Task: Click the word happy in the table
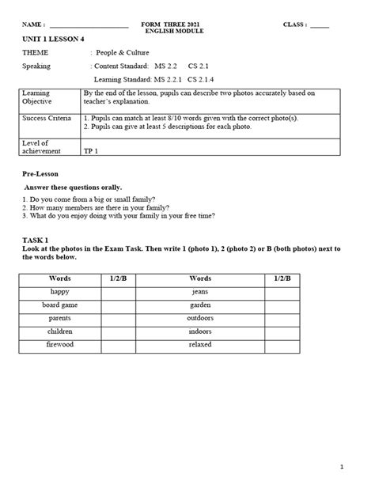click(60, 292)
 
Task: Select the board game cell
click(60, 305)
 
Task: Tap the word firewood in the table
click(60, 346)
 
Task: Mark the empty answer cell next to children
click(119, 332)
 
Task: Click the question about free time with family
click(119, 216)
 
